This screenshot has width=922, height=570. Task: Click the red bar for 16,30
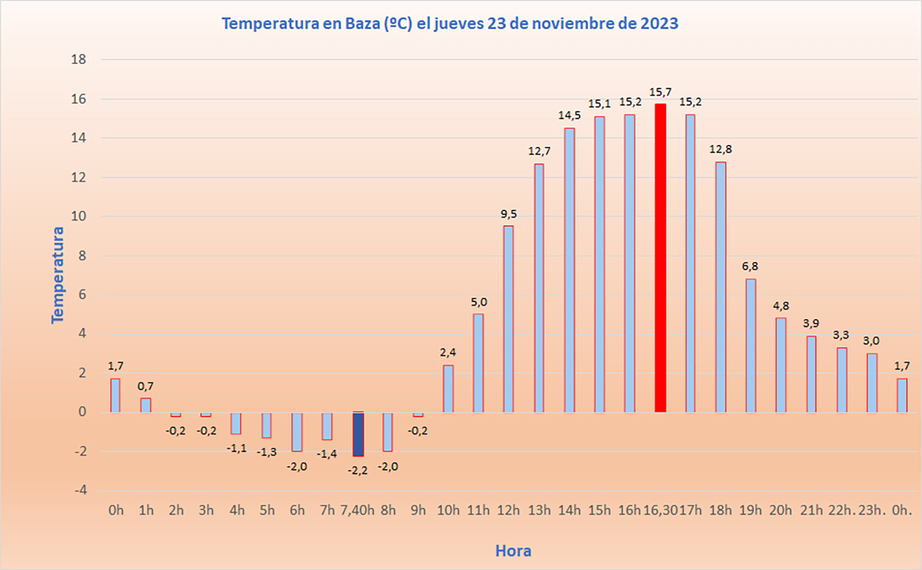pyautogui.click(x=660, y=258)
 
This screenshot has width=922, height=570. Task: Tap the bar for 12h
pyautogui.click(x=508, y=319)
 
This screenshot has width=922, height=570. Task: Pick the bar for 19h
pyautogui.click(x=750, y=345)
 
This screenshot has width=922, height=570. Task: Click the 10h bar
pyautogui.click(x=448, y=389)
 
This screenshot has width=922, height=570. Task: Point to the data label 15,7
pyautogui.click(x=660, y=93)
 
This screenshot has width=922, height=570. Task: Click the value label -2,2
pyautogui.click(x=358, y=470)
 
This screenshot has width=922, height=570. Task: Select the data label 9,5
pyautogui.click(x=509, y=214)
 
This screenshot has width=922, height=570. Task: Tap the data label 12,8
pyautogui.click(x=720, y=149)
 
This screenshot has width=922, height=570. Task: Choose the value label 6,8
pyautogui.click(x=750, y=266)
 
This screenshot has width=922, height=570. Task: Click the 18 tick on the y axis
pyautogui.click(x=79, y=59)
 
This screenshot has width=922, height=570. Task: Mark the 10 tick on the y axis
pyautogui.click(x=79, y=216)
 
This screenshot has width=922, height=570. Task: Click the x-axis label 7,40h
pyautogui.click(x=358, y=511)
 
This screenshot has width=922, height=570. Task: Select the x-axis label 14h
pyautogui.click(x=570, y=511)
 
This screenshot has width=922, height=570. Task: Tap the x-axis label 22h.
pyautogui.click(x=841, y=511)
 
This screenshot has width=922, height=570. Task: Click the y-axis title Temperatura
pyautogui.click(x=58, y=275)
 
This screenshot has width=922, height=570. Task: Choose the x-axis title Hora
pyautogui.click(x=513, y=551)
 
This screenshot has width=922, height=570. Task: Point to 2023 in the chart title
pyautogui.click(x=658, y=24)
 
